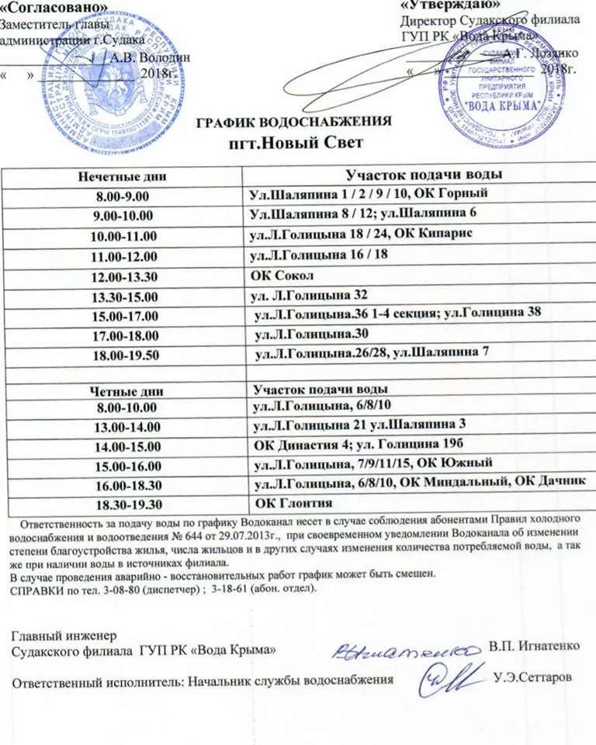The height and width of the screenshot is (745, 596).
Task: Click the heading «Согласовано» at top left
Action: pos(53,8)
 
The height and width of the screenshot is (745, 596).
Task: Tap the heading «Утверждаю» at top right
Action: pos(444,6)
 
